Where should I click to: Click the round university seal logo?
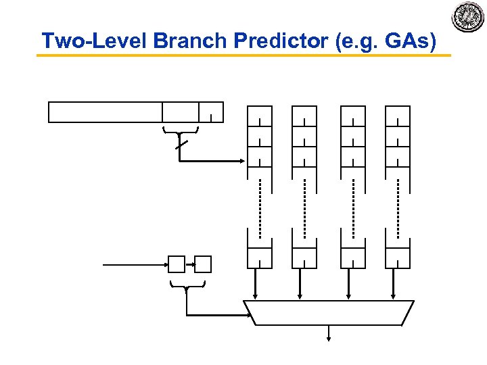tap(467, 18)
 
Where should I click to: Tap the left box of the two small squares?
tap(176, 264)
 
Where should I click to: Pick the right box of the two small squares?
tap(203, 264)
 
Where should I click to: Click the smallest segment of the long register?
tap(211, 112)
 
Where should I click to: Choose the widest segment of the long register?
tap(106, 112)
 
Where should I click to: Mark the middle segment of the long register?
tap(181, 112)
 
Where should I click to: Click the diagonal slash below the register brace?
tap(179, 145)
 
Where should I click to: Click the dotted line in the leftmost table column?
tap(260, 207)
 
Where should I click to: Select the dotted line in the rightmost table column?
tap(397, 207)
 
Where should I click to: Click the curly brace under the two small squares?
tap(186, 285)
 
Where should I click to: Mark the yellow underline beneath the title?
tap(243, 55)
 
